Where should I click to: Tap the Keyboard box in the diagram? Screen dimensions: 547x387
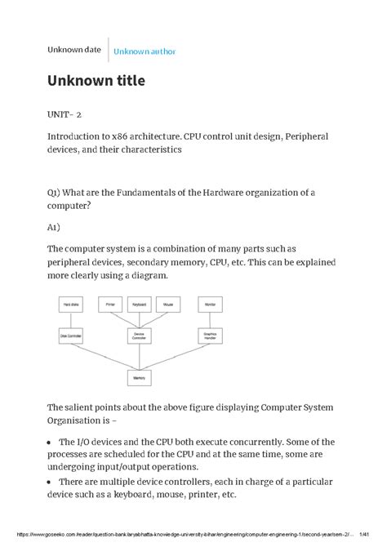pyautogui.click(x=139, y=304)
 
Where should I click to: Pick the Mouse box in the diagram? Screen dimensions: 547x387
pyautogui.click(x=167, y=304)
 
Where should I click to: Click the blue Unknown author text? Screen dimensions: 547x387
pyautogui.click(x=145, y=51)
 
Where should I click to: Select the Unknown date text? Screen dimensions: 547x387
pyautogui.click(x=74, y=50)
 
